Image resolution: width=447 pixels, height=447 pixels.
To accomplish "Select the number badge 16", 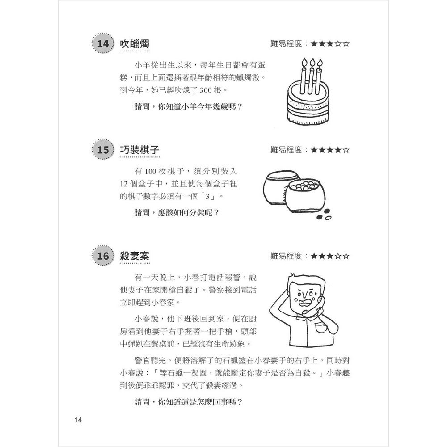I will pyautogui.click(x=103, y=256).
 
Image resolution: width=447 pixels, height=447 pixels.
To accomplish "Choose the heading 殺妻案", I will pyautogui.click(x=135, y=256).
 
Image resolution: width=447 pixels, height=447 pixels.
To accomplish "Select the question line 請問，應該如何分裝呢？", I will pyautogui.click(x=177, y=213).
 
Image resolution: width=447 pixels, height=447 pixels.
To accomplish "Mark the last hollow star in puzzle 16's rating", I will pyautogui.click(x=345, y=256).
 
